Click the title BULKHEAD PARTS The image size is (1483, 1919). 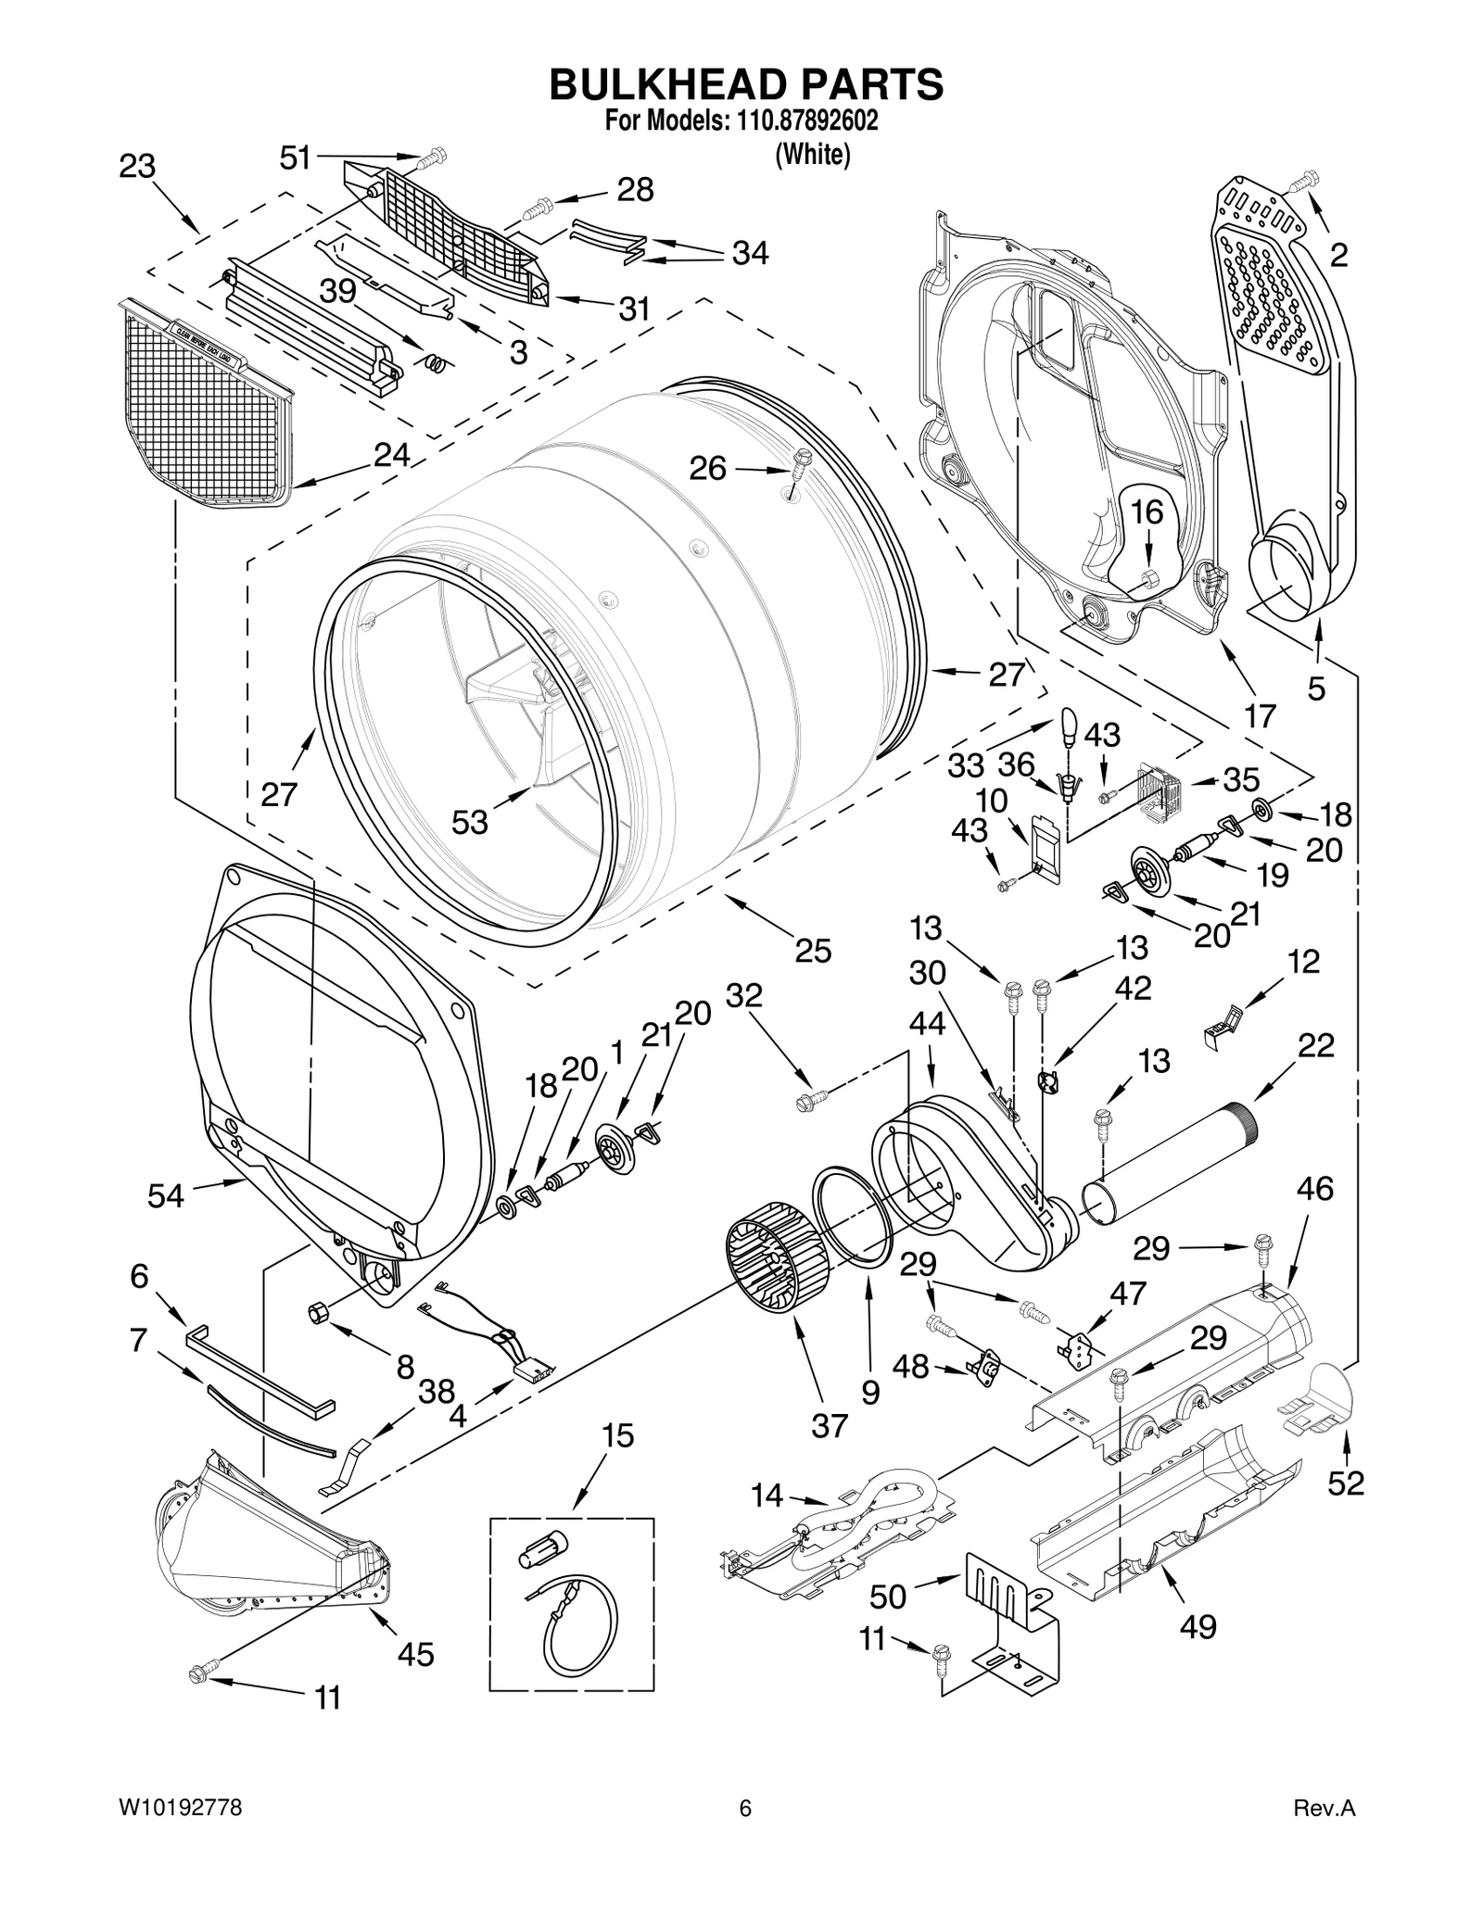(x=746, y=84)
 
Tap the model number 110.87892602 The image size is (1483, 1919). (x=807, y=121)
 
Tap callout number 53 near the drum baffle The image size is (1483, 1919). (x=469, y=822)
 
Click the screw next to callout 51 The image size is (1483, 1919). (x=430, y=159)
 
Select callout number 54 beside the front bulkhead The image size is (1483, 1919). (x=166, y=1196)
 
